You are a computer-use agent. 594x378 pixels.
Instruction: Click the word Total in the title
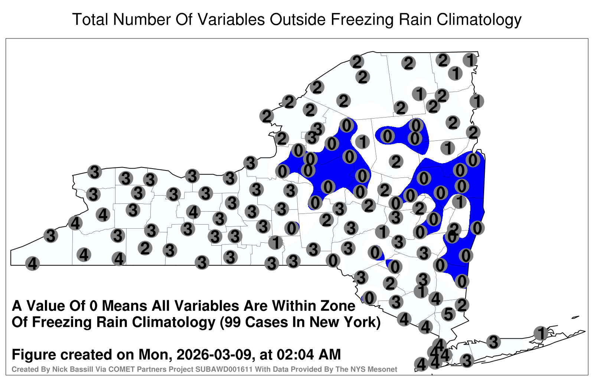90,19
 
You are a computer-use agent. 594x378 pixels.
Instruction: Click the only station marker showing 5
448,314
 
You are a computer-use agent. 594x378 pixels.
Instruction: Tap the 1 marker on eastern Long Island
541,333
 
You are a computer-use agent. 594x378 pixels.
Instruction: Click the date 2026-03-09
214,354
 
